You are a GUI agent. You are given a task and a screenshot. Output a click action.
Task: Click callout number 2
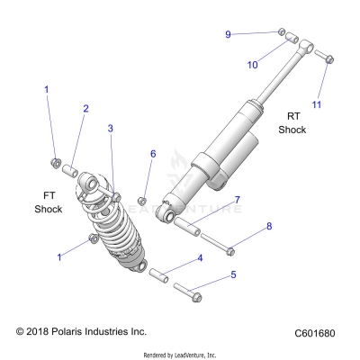[x=85, y=109]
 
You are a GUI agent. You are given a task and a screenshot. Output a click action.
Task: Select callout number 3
[x=111, y=129]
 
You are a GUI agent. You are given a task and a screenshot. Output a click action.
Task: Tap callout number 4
[x=200, y=259]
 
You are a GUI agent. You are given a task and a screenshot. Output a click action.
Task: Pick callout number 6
[x=153, y=154]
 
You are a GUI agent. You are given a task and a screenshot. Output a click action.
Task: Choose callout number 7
[x=237, y=199]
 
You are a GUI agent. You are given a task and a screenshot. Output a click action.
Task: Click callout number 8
[x=267, y=228]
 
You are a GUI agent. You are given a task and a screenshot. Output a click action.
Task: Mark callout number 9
[x=229, y=33]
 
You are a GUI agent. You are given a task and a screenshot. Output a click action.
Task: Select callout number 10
[x=252, y=64]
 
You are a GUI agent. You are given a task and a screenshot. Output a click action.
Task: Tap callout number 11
[x=316, y=104]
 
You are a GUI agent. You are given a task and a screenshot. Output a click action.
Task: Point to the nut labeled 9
[x=282, y=32]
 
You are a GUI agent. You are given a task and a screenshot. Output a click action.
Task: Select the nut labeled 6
[x=142, y=199]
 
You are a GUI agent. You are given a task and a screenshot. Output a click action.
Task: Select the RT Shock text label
[x=292, y=122]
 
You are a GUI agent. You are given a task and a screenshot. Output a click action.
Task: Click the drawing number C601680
[x=314, y=333]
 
